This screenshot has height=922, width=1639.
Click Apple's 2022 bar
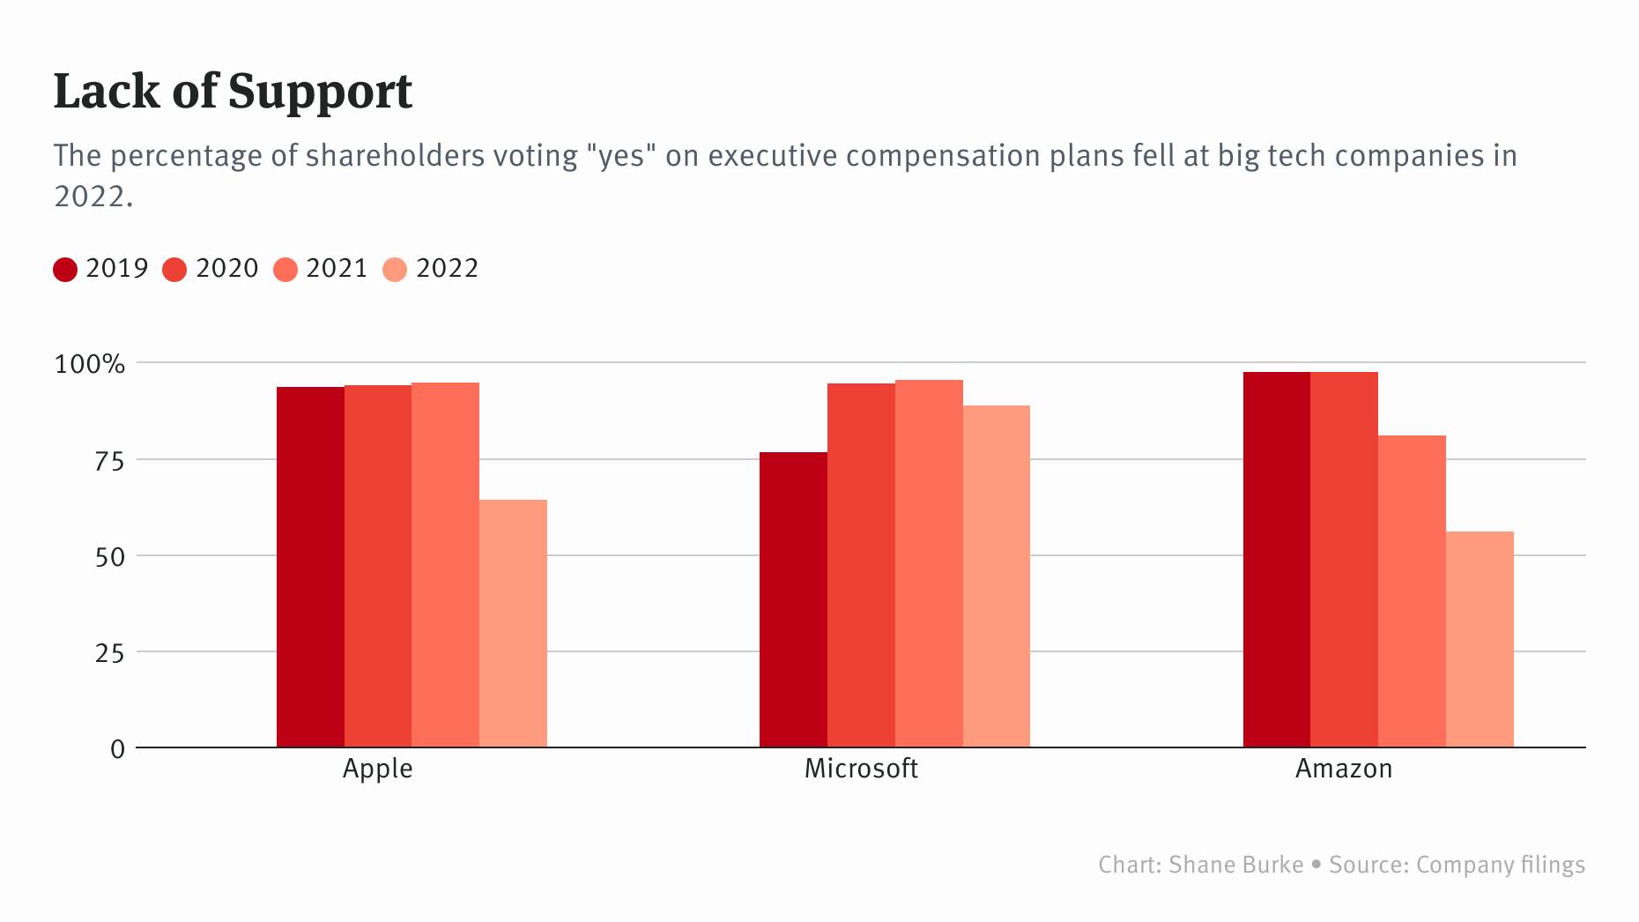513,624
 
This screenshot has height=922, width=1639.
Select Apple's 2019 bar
310,567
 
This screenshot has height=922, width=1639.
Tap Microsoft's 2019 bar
793,599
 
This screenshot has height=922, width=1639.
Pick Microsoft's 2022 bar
996,576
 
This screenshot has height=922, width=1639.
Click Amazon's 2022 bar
1480,639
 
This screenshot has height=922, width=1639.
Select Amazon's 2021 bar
1412,591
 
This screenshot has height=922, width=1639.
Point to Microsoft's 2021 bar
929,564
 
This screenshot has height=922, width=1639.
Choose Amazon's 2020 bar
1344,560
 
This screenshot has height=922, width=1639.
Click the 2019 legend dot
65,269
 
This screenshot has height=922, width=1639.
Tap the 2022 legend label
447,268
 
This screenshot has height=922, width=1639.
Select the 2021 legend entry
322,268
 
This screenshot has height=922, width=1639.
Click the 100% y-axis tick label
90,364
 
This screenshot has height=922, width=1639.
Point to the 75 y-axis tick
109,460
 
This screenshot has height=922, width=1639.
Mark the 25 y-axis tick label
109,653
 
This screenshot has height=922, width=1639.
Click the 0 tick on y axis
117,749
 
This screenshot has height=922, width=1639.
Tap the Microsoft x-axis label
861,769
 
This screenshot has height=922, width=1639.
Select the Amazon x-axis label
1344,769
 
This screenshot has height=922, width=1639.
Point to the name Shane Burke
1235,865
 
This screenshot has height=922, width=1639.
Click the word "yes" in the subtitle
622,156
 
